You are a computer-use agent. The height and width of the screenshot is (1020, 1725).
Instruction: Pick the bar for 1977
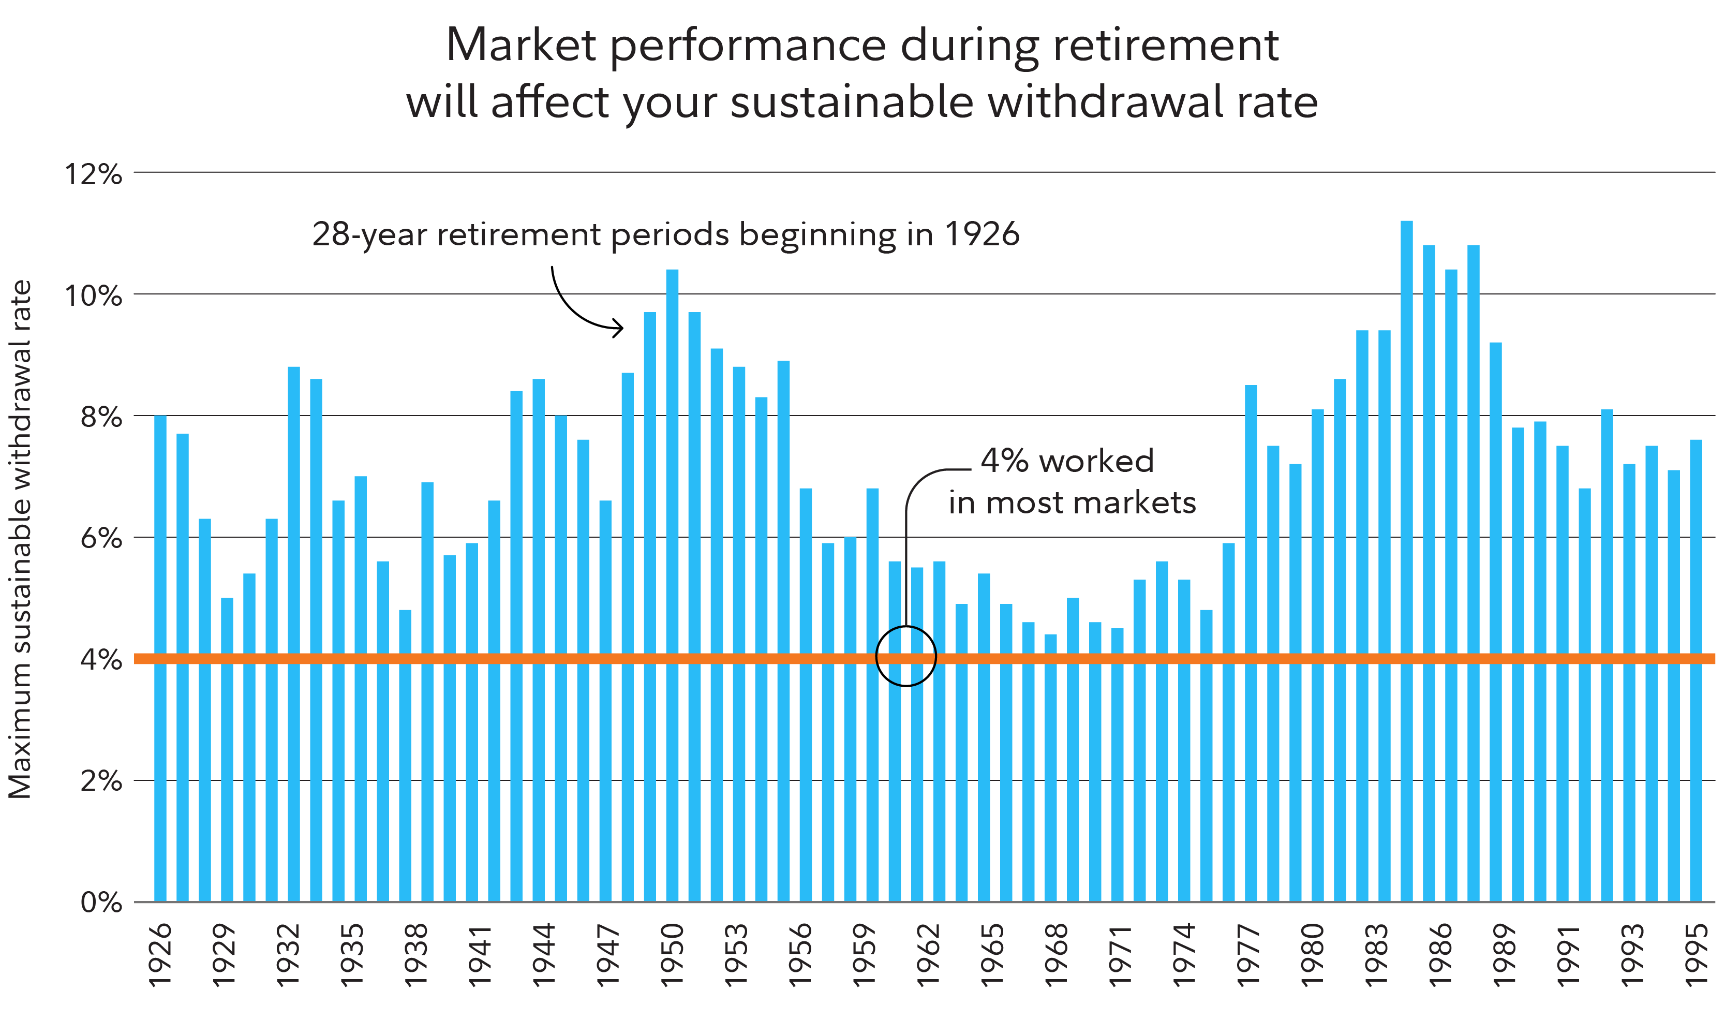pyautogui.click(x=1251, y=643)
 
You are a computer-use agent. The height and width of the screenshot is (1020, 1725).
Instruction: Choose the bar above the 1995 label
pyautogui.click(x=1696, y=671)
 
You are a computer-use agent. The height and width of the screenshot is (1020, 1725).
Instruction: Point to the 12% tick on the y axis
pyautogui.click(x=94, y=174)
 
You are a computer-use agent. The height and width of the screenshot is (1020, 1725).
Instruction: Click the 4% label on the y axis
pyautogui.click(x=101, y=660)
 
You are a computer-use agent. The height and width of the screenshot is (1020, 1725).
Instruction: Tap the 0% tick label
pyautogui.click(x=101, y=903)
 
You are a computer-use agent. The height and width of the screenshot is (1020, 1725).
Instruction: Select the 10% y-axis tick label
pyautogui.click(x=94, y=296)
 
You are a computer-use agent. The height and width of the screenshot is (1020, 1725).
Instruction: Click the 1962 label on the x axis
pyautogui.click(x=927, y=955)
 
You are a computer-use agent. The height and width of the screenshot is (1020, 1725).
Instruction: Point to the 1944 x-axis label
pyautogui.click(x=543, y=955)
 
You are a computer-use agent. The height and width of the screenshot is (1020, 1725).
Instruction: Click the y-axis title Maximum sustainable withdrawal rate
pyautogui.click(x=21, y=540)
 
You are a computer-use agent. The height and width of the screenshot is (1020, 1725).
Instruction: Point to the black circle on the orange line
pyautogui.click(x=906, y=656)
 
